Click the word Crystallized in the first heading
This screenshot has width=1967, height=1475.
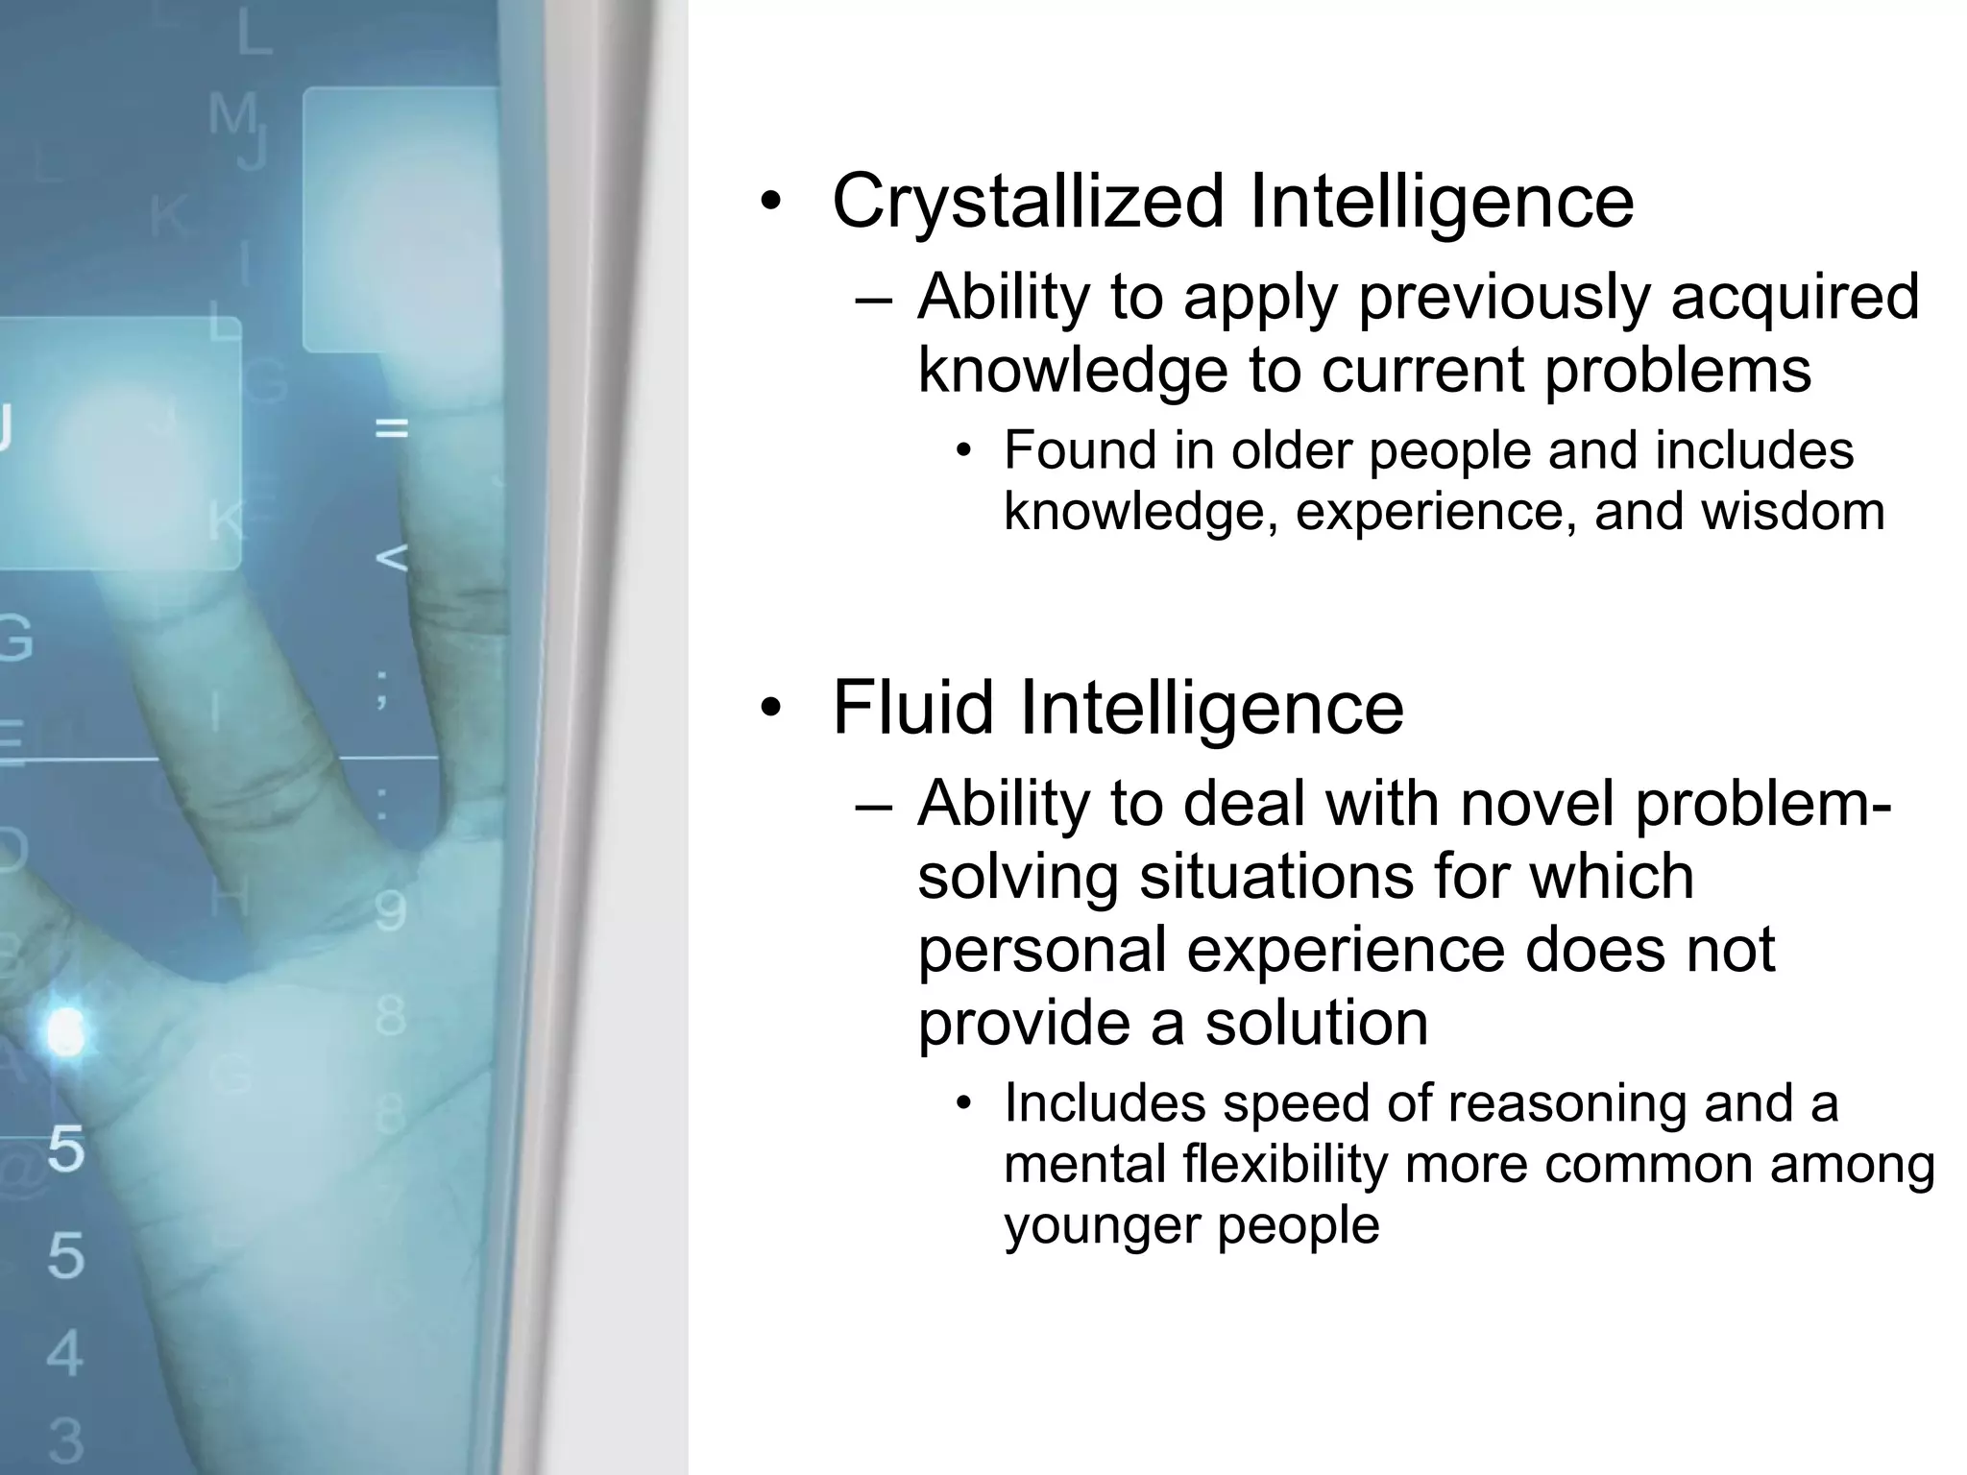point(1028,202)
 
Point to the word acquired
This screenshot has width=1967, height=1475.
point(1795,298)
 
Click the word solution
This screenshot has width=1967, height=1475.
point(1317,1023)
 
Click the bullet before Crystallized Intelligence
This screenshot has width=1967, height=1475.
point(770,203)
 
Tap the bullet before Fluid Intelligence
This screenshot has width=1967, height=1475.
point(770,709)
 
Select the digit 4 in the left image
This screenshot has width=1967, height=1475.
point(65,1353)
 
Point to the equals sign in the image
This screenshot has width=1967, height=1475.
point(391,428)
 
